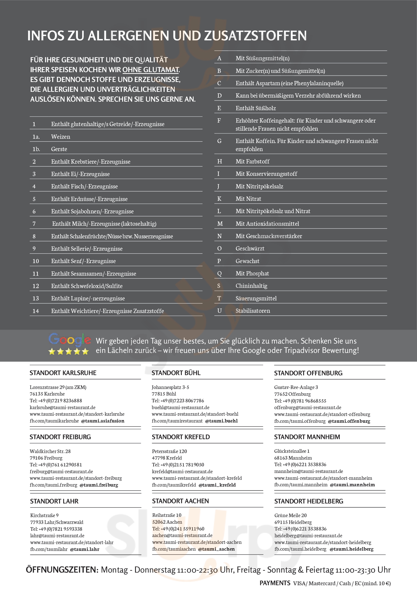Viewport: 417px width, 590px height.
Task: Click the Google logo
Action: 69,340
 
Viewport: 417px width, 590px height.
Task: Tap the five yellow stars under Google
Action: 69,351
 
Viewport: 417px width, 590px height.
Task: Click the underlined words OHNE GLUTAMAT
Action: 151,70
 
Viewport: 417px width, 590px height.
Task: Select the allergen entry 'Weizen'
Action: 61,137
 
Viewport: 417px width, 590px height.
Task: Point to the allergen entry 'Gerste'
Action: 59,149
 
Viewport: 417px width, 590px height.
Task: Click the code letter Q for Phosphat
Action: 219,273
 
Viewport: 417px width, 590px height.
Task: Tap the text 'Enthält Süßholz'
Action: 256,108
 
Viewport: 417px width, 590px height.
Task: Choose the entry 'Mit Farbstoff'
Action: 252,161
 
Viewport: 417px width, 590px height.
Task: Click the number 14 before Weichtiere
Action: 36,311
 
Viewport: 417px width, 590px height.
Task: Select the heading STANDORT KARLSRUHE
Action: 63,373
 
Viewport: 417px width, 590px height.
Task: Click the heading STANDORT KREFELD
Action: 181,437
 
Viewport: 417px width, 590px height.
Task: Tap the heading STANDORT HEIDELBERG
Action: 309,501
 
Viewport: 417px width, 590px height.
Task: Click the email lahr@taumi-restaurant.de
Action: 57,536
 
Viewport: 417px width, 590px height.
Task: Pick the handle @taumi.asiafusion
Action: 103,421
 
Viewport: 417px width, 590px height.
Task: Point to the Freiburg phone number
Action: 56,465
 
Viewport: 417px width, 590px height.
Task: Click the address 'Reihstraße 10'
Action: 167,515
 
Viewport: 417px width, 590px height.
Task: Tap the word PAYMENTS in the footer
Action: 275,583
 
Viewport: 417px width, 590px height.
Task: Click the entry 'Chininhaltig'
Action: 251,286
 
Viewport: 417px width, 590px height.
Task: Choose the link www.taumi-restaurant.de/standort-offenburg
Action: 322,414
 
